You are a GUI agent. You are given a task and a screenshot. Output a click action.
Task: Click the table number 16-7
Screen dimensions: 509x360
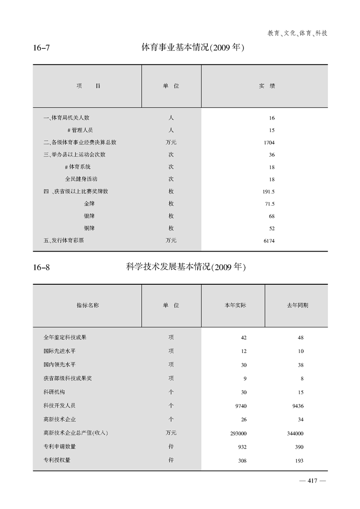tap(41, 47)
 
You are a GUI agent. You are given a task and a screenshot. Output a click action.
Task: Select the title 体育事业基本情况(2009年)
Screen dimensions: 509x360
tap(193, 47)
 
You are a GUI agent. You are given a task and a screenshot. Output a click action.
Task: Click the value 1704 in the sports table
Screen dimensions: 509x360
tap(269, 143)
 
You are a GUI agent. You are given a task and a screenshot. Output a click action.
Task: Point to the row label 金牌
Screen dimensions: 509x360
tap(89, 204)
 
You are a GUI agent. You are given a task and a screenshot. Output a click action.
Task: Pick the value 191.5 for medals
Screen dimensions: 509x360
tap(269, 192)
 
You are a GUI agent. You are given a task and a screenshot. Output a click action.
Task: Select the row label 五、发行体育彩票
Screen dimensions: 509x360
tap(64, 241)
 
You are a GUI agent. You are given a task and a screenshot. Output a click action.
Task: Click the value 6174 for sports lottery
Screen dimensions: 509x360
tap(269, 241)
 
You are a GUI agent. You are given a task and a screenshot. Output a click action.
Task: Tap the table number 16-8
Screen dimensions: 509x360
tap(41, 267)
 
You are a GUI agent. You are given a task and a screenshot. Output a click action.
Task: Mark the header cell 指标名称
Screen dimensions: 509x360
tap(88, 306)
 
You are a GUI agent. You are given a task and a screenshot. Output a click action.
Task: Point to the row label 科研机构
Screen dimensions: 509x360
tap(54, 392)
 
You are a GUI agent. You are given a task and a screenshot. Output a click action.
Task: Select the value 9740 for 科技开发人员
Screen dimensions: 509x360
tap(239, 406)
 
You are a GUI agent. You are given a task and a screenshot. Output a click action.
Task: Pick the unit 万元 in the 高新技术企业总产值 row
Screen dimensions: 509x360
tap(171, 433)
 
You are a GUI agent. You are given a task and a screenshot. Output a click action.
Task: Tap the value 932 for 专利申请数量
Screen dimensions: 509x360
tap(242, 447)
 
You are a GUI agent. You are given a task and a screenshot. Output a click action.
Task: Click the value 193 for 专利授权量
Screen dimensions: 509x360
tap(299, 461)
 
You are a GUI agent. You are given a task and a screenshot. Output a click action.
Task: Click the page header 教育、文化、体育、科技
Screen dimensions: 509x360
tap(297, 33)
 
